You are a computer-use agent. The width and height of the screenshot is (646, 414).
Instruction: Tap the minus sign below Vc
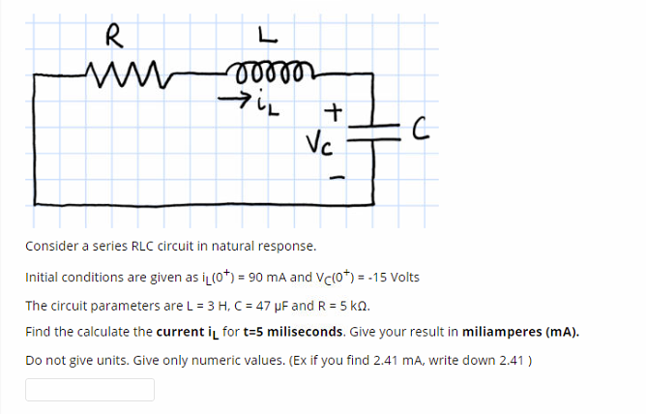pos(336,177)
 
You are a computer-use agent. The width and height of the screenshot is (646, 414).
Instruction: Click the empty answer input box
pos(89,390)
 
